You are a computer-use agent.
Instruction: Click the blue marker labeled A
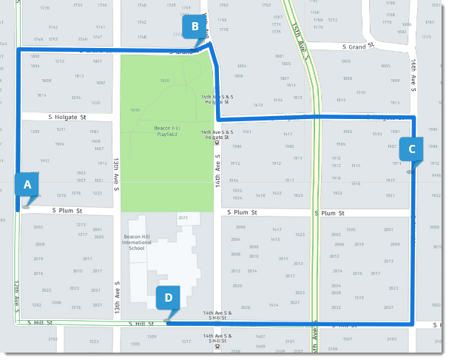coord(27,186)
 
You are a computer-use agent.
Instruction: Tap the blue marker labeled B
coord(195,28)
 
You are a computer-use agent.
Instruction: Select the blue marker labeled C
coord(411,148)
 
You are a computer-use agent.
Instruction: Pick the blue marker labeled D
coord(169,299)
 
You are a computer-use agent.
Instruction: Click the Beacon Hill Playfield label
coord(165,131)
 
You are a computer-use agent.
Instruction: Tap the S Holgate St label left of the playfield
coord(67,117)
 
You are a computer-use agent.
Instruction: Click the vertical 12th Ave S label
coord(16,295)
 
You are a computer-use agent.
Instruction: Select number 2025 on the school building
coord(183,217)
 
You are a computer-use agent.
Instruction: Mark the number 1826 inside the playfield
coord(165,81)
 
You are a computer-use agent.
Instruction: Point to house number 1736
coord(45,7)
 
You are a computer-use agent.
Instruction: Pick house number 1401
coord(247,132)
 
